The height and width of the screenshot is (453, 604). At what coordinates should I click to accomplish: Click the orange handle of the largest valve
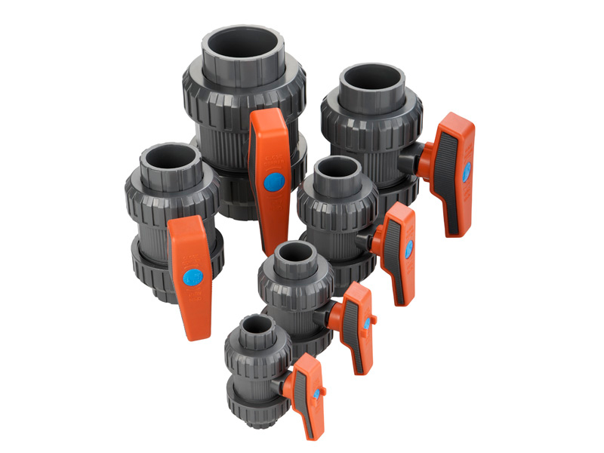point(270,151)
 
